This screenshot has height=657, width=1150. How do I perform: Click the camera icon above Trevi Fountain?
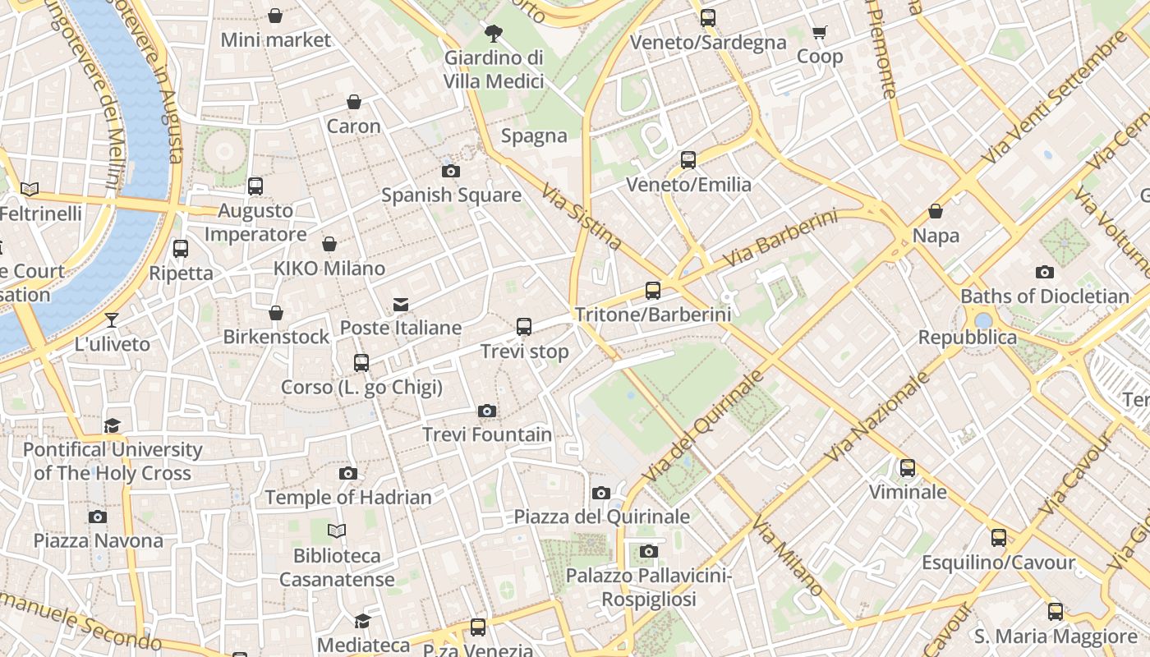(x=487, y=411)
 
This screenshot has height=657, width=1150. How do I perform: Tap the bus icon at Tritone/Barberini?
(x=653, y=290)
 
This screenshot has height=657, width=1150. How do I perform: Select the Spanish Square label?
(x=451, y=195)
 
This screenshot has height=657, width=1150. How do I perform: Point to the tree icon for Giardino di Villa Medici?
(x=494, y=34)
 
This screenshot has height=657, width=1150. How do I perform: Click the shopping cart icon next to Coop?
(x=819, y=33)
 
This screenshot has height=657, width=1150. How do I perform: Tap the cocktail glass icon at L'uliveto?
(x=112, y=319)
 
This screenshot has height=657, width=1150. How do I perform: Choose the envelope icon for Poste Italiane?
(x=401, y=305)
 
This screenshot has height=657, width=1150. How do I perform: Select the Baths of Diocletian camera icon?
(x=1044, y=272)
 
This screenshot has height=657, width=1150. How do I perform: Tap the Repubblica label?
(x=967, y=338)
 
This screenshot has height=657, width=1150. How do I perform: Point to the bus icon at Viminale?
(x=908, y=468)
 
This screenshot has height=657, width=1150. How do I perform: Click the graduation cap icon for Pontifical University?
(x=112, y=425)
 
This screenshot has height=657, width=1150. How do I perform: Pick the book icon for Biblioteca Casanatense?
(x=337, y=531)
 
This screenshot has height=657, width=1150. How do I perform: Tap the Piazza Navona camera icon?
(x=98, y=517)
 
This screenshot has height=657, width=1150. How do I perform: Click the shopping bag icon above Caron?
(x=354, y=102)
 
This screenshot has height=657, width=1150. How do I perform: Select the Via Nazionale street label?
(x=879, y=416)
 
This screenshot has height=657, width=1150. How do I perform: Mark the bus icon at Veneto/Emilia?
(x=688, y=160)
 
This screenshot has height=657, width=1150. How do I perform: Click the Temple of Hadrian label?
(x=347, y=497)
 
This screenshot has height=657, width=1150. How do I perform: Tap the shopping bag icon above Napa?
(x=936, y=211)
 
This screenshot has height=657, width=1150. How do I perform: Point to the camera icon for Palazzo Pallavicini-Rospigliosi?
(x=649, y=551)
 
